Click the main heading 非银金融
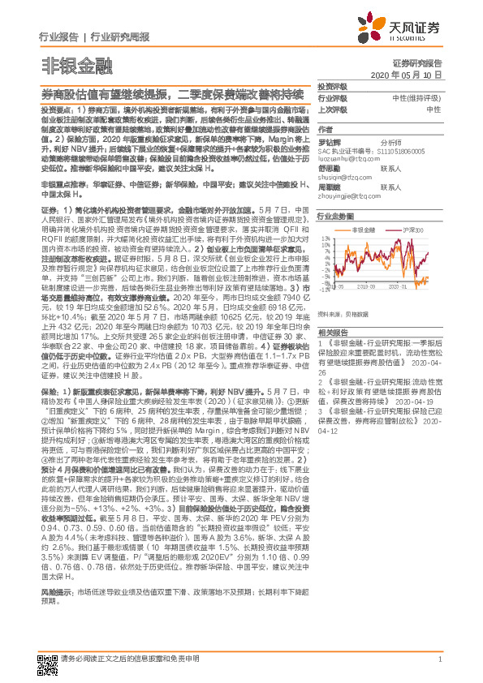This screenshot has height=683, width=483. pyautogui.click(x=67, y=64)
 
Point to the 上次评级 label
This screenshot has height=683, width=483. pyautogui.click(x=331, y=108)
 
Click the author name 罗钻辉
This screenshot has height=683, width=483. pyautogui.click(x=329, y=140)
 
